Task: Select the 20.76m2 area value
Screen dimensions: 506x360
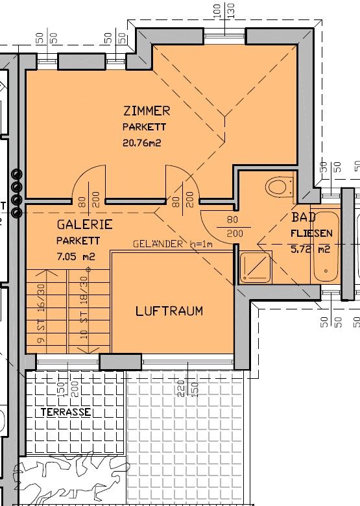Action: [141, 143]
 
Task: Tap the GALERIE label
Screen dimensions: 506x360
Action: [84, 225]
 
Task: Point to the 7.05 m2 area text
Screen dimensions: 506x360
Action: [76, 256]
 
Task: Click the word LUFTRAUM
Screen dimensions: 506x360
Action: [169, 311]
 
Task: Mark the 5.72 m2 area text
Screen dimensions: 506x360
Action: [311, 248]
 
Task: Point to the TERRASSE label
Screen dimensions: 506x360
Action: [64, 412]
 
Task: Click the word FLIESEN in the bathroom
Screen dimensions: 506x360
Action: [312, 232]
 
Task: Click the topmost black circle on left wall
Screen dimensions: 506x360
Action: [16, 175]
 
